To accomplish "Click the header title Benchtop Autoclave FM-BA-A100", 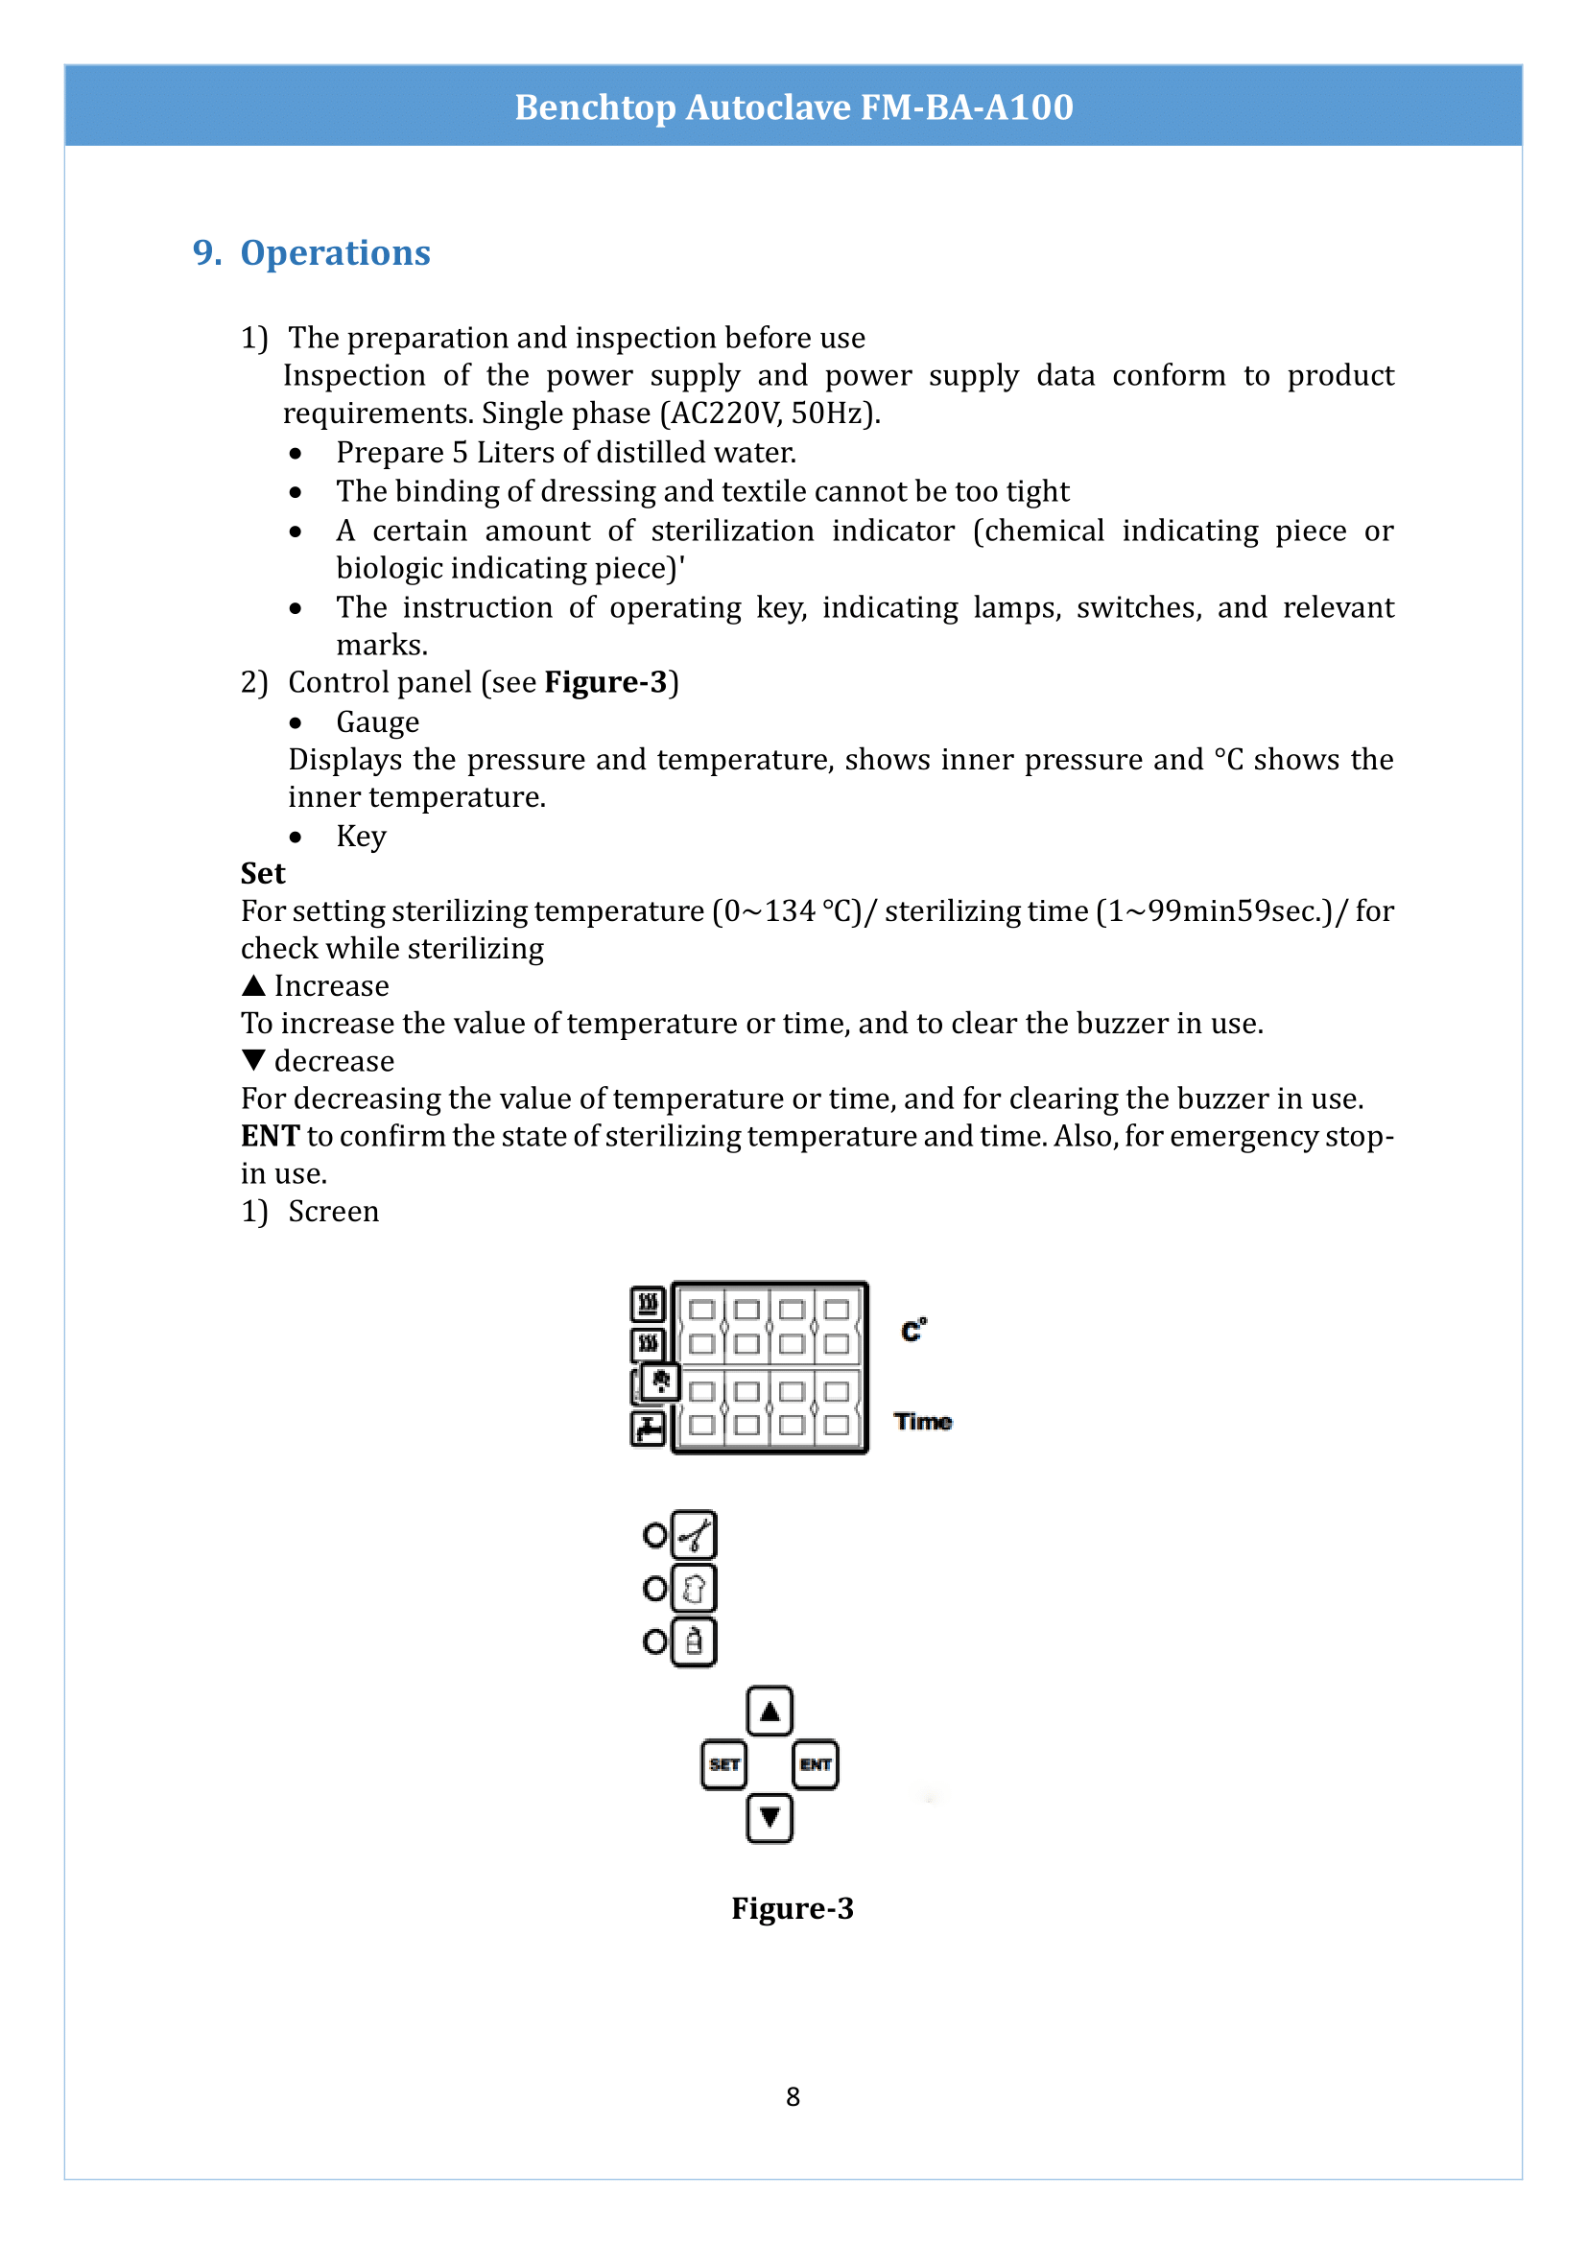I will pyautogui.click(x=793, y=106).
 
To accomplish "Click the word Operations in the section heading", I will pyautogui.click(x=334, y=252).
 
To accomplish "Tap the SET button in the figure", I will pyautogui.click(x=724, y=1764).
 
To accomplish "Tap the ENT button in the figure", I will pyautogui.click(x=815, y=1764).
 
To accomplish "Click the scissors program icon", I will pyautogui.click(x=694, y=1534).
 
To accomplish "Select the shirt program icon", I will pyautogui.click(x=694, y=1588).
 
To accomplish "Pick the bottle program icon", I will pyautogui.click(x=694, y=1642).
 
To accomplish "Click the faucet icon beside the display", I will pyautogui.click(x=648, y=1429).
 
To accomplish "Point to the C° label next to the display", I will pyautogui.click(x=913, y=1330).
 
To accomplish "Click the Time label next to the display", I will pyautogui.click(x=922, y=1421).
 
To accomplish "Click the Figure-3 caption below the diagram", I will pyautogui.click(x=793, y=1908).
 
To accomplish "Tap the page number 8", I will pyautogui.click(x=793, y=2096).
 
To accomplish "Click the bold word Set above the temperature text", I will pyautogui.click(x=263, y=873).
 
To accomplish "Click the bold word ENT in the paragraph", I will pyautogui.click(x=270, y=1136).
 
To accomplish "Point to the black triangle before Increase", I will pyautogui.click(x=253, y=985).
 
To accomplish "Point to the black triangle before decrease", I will pyautogui.click(x=253, y=1059).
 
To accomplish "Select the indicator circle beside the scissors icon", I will pyautogui.click(x=654, y=1535).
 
